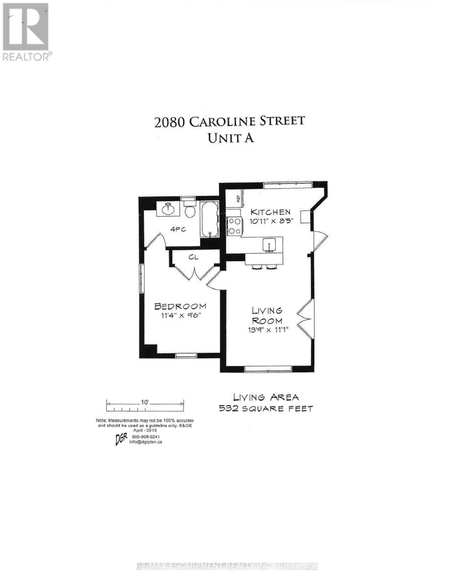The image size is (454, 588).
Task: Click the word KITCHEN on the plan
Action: click(x=271, y=212)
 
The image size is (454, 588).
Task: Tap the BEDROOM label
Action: click(x=180, y=306)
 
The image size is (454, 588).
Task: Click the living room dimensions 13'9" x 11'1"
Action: click(x=268, y=330)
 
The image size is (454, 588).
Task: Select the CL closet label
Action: click(x=192, y=256)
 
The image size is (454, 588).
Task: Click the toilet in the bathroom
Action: click(x=191, y=210)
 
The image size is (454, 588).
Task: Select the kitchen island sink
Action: click(x=269, y=244)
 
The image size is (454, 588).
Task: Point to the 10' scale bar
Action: click(x=145, y=404)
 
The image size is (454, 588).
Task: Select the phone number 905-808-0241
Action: click(x=146, y=436)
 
